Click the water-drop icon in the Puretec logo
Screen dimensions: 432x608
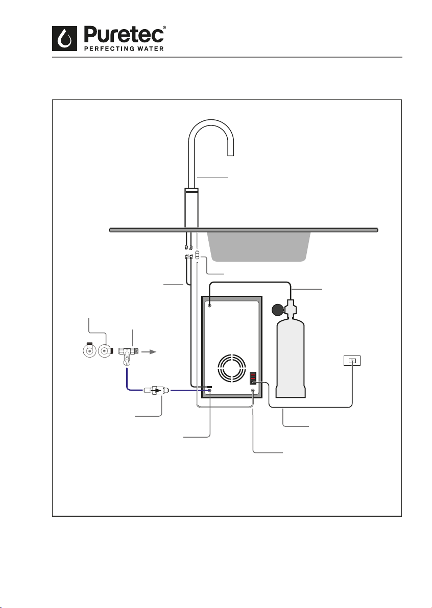(65, 39)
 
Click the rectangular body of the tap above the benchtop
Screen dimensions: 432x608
(191, 208)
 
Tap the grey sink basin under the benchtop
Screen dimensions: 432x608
(259, 246)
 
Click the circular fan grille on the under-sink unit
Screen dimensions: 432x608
(232, 368)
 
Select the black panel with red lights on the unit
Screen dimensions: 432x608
(253, 378)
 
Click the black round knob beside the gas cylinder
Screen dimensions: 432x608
(278, 311)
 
